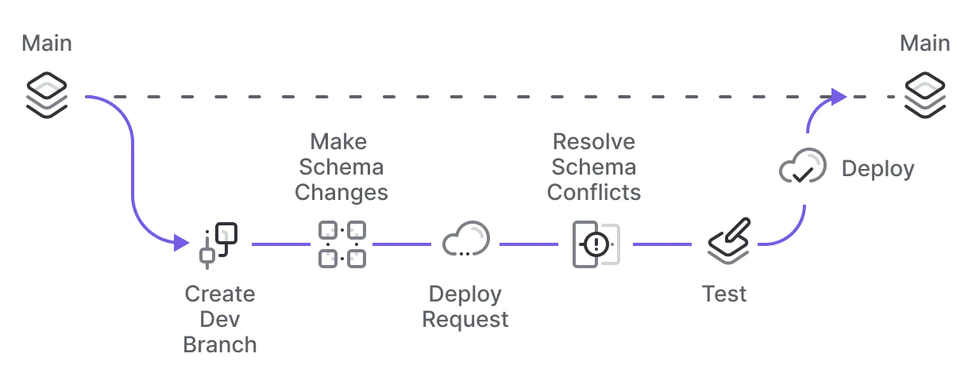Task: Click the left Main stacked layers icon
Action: click(x=47, y=94)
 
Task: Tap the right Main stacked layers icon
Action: click(x=925, y=94)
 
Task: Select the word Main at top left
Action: click(x=47, y=43)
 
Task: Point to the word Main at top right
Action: click(x=925, y=43)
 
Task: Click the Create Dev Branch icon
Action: click(x=218, y=244)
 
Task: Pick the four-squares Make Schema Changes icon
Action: click(x=341, y=244)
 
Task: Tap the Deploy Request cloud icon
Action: click(x=466, y=239)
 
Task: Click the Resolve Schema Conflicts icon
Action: click(x=595, y=244)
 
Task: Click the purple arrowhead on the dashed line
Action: click(x=839, y=96)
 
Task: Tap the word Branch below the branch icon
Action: click(x=220, y=345)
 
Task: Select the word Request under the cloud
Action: click(x=465, y=320)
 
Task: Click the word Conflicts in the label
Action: click(x=594, y=193)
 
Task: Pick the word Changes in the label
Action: click(x=341, y=193)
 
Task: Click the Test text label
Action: click(x=724, y=294)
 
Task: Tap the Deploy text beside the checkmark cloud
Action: click(x=878, y=169)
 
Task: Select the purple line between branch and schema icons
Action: click(x=280, y=244)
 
